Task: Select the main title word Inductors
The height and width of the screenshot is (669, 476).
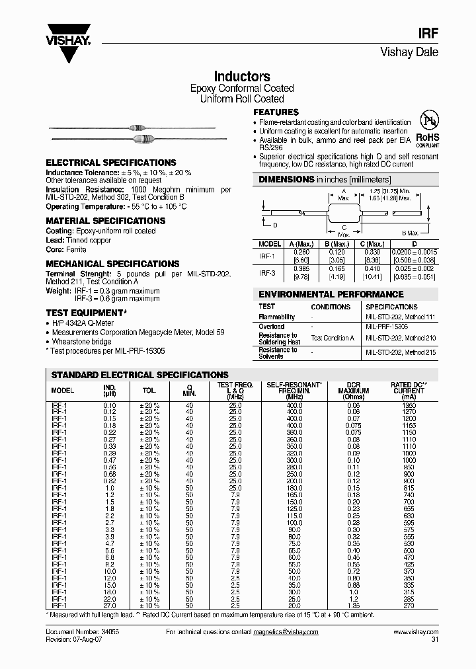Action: tap(242, 77)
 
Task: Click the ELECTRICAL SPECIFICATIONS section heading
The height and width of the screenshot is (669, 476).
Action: tap(111, 163)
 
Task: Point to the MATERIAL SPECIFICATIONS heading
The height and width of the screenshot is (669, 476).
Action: tap(106, 221)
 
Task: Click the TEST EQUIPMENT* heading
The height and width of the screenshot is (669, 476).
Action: tap(85, 312)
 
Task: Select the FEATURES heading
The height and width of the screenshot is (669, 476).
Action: tap(276, 112)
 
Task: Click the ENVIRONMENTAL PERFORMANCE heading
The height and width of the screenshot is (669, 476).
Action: tap(331, 294)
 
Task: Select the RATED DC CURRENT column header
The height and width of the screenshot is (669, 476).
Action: tap(409, 387)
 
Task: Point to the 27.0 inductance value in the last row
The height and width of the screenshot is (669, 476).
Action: tap(109, 606)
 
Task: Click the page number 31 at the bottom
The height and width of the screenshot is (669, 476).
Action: tap(434, 640)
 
